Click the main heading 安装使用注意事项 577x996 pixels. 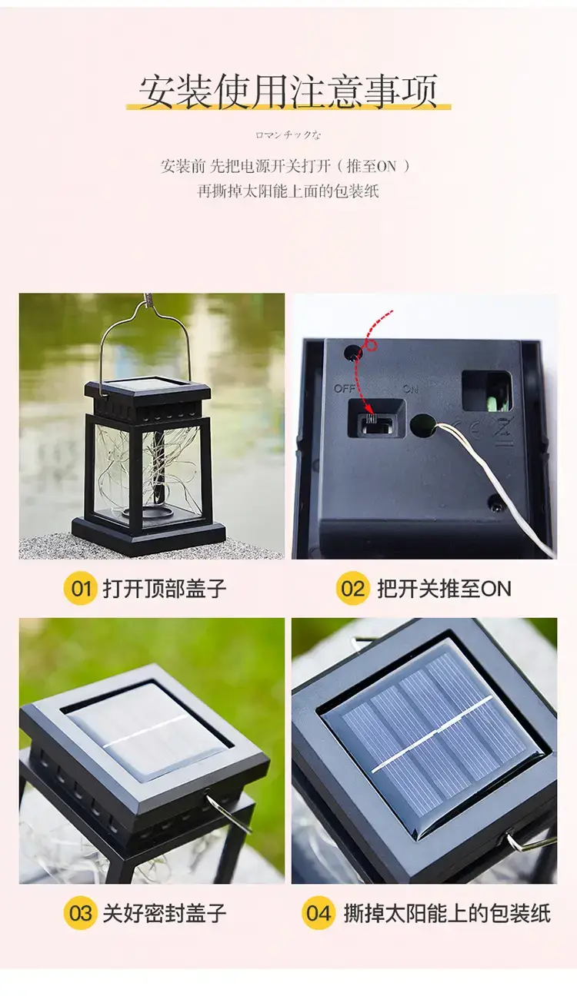(x=288, y=91)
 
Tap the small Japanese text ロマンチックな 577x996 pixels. (x=288, y=135)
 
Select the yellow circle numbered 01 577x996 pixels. (x=80, y=589)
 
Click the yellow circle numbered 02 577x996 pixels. (x=353, y=589)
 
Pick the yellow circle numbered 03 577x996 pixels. (x=80, y=913)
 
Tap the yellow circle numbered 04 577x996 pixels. (x=318, y=913)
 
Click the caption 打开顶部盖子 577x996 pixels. (x=165, y=589)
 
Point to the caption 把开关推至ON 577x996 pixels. (x=444, y=589)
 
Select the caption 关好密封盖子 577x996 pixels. (x=165, y=913)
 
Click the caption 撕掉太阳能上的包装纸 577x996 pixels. (x=448, y=913)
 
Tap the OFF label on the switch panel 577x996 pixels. (x=344, y=389)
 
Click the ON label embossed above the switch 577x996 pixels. (x=410, y=389)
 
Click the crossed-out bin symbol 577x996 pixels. (x=504, y=431)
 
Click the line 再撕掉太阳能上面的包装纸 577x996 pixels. (x=288, y=191)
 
